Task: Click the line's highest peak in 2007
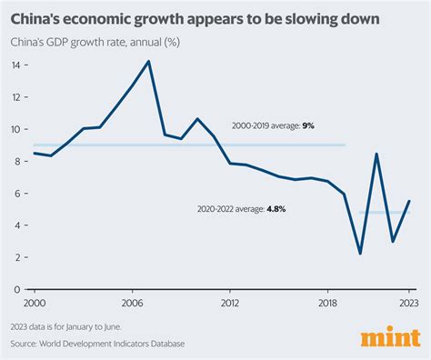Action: click(x=148, y=61)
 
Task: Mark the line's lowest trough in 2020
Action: click(x=361, y=254)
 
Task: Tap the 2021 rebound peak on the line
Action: click(x=376, y=154)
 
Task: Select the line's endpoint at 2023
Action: click(x=409, y=201)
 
